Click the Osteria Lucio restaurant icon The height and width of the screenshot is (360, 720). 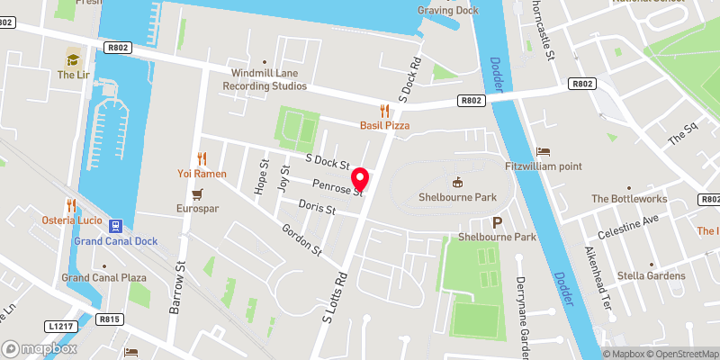point(70,204)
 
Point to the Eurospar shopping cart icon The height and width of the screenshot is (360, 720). point(197,193)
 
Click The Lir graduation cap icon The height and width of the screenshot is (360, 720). point(71,59)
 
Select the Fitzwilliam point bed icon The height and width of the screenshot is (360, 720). point(543,151)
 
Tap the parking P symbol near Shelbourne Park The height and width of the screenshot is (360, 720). point(497,222)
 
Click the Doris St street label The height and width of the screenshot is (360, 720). point(319,209)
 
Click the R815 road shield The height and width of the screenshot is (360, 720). point(111,319)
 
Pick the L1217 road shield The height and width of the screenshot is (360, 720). point(60,325)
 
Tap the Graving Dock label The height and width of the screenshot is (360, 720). point(447,10)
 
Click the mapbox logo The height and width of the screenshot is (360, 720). point(40,348)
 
